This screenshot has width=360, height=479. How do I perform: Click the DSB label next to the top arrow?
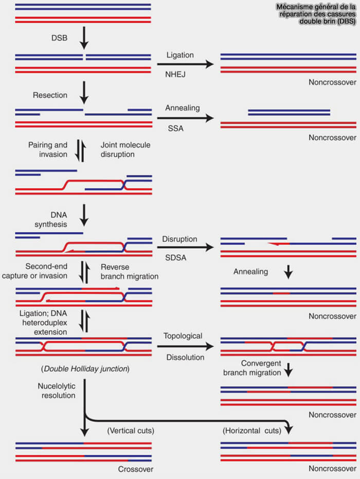59,38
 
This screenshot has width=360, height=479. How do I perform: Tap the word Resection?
50,95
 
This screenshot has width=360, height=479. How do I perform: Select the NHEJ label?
175,74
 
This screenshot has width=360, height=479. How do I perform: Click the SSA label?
176,128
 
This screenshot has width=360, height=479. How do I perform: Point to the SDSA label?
176,257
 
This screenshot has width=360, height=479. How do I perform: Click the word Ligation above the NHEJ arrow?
180,55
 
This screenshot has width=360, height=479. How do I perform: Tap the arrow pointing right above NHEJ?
185,64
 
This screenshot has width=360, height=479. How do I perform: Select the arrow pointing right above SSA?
185,118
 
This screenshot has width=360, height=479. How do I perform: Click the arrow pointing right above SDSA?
185,247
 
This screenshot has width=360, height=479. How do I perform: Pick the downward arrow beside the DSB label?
84,38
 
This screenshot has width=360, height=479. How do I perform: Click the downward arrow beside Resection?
84,93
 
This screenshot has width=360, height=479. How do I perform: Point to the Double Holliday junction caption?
85,369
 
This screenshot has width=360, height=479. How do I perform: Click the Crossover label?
136,469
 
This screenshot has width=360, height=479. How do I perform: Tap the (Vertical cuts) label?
131,431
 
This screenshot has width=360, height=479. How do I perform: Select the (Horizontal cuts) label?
252,431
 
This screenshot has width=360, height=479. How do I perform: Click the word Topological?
183,336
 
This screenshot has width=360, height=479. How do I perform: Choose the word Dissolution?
185,357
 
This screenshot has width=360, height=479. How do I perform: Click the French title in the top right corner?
316,14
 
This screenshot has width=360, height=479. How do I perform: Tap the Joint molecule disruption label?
125,150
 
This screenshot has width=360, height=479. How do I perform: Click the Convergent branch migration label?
252,368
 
